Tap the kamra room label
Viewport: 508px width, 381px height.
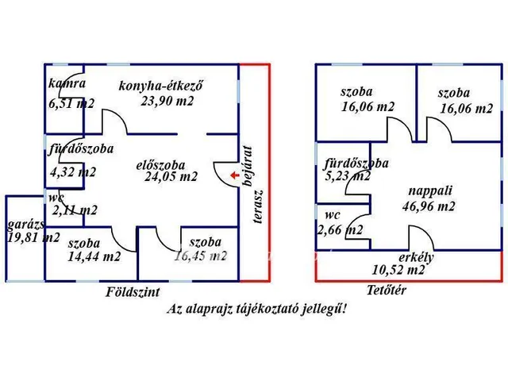[x=67, y=83]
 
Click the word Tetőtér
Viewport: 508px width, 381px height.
[x=387, y=290]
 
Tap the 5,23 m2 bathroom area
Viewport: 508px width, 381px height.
[x=347, y=177]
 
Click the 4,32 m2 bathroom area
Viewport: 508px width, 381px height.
[x=73, y=171]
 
